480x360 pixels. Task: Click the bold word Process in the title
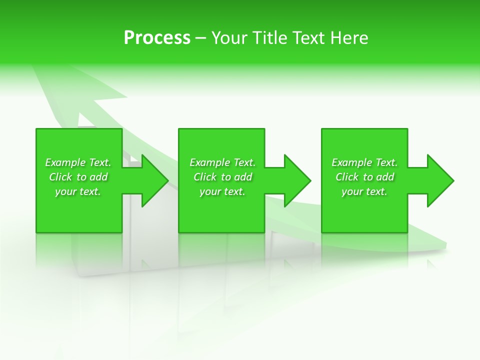click(157, 38)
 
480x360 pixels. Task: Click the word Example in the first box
click(65, 162)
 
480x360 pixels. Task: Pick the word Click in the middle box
click(205, 177)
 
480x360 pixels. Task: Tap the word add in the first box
click(98, 177)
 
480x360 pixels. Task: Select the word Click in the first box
click(60, 177)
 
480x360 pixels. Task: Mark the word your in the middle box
click(210, 192)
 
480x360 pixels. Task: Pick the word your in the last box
click(352, 192)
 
